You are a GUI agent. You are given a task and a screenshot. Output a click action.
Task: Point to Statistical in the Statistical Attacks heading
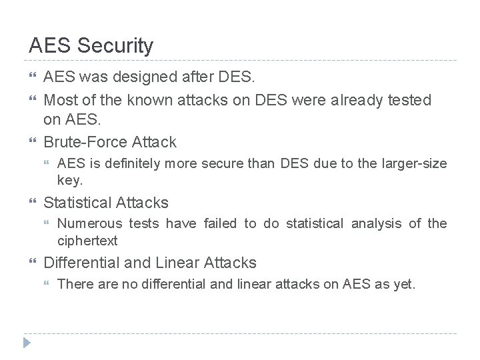tap(79, 202)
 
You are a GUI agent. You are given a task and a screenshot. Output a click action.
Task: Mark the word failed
tap(219, 223)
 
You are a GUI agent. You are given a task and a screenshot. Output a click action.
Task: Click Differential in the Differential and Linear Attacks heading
tap(85, 263)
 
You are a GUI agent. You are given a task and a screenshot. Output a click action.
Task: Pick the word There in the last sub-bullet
tap(75, 284)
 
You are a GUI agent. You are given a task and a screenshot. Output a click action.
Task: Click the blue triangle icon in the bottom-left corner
tap(27, 343)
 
